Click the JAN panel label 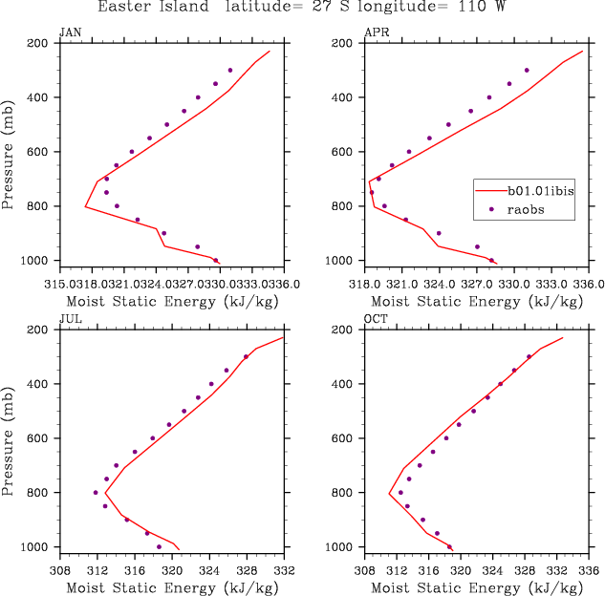(70, 32)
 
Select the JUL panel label (69, 319)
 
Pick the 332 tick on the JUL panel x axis (284, 570)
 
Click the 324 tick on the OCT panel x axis (494, 570)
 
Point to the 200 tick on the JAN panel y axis (39, 43)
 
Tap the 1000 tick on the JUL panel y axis (36, 547)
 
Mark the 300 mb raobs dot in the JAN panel (230, 70)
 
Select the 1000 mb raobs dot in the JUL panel (160, 546)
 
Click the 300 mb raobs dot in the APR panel (527, 70)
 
